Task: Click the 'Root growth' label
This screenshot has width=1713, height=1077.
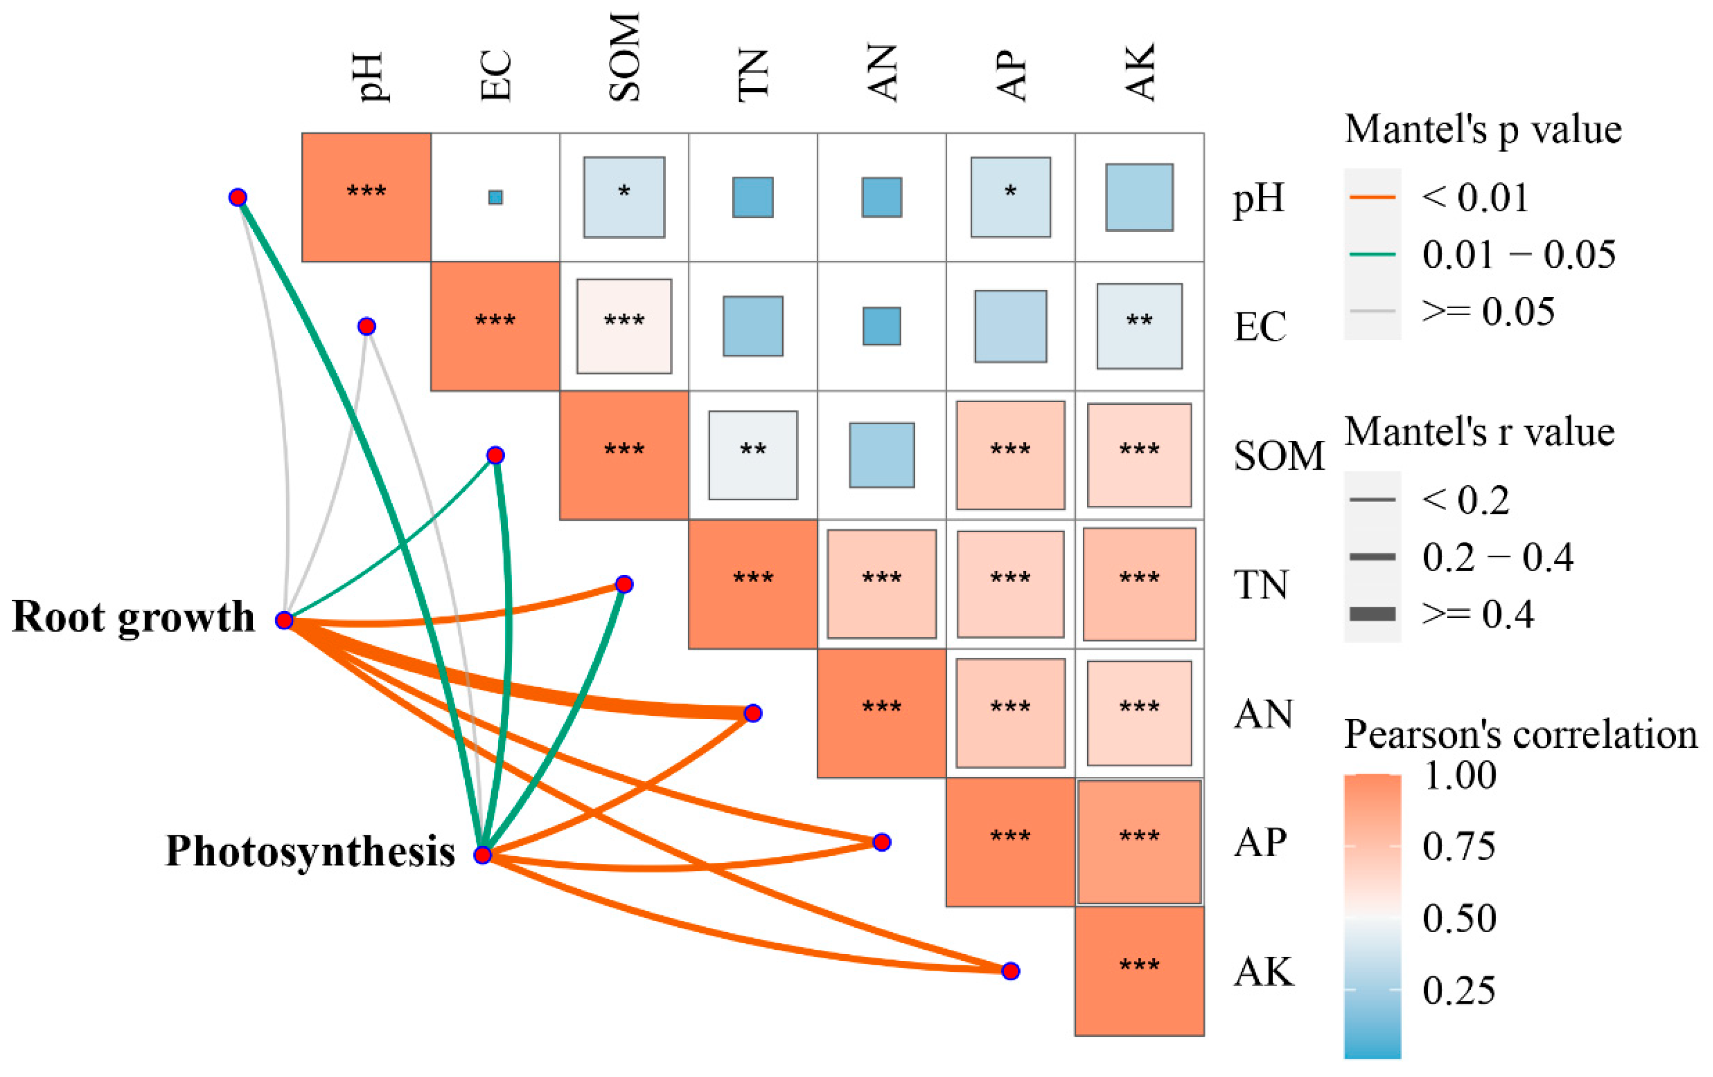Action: [133, 617]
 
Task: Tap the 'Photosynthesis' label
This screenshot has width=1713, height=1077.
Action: [310, 851]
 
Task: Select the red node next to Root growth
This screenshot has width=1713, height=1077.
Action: [284, 620]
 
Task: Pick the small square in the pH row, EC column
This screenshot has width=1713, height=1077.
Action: [495, 197]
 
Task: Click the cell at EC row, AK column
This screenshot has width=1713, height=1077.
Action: [1139, 326]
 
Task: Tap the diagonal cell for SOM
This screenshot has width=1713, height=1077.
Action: [624, 455]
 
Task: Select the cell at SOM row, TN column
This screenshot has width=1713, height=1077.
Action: [753, 455]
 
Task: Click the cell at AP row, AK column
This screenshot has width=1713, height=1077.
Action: [1139, 841]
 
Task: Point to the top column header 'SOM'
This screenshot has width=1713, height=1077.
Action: [624, 57]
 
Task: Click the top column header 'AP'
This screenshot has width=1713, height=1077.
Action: [1011, 75]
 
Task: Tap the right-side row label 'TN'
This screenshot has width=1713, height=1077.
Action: [1260, 585]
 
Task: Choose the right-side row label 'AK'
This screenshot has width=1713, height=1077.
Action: [1263, 971]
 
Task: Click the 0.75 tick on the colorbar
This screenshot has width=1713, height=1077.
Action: [1459, 846]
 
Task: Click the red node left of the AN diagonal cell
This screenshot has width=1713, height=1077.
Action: [753, 713]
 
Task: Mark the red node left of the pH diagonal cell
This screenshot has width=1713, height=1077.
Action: [238, 197]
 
